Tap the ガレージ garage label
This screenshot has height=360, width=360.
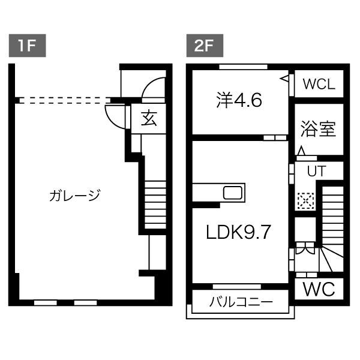coord(74,196)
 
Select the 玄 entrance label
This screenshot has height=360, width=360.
coord(149,119)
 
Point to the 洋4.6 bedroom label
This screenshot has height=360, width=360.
coord(239,100)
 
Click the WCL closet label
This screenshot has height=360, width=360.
coord(318,85)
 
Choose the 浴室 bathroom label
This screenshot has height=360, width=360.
coord(317,129)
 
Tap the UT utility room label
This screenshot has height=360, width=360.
coord(316,171)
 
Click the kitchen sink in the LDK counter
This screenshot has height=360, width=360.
coord(233,194)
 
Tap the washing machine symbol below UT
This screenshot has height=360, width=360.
coord(305,200)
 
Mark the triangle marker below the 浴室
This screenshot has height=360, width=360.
coord(302,150)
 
